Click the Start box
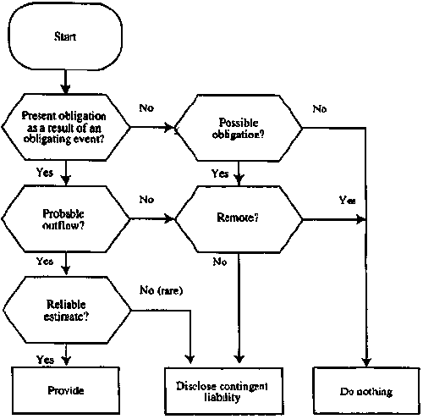[x=64, y=36]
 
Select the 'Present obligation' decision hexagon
[x=66, y=127]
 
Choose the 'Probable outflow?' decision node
[x=66, y=218]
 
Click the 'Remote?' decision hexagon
[x=239, y=218]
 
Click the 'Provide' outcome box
[x=65, y=391]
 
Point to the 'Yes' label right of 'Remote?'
[x=346, y=201]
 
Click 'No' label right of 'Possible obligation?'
[x=318, y=108]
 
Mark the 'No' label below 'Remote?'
[x=220, y=262]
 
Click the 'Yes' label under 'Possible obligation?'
[x=220, y=173]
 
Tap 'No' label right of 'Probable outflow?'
[x=146, y=200]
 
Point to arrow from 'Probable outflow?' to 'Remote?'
[x=152, y=218]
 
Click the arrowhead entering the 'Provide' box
[x=65, y=363]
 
